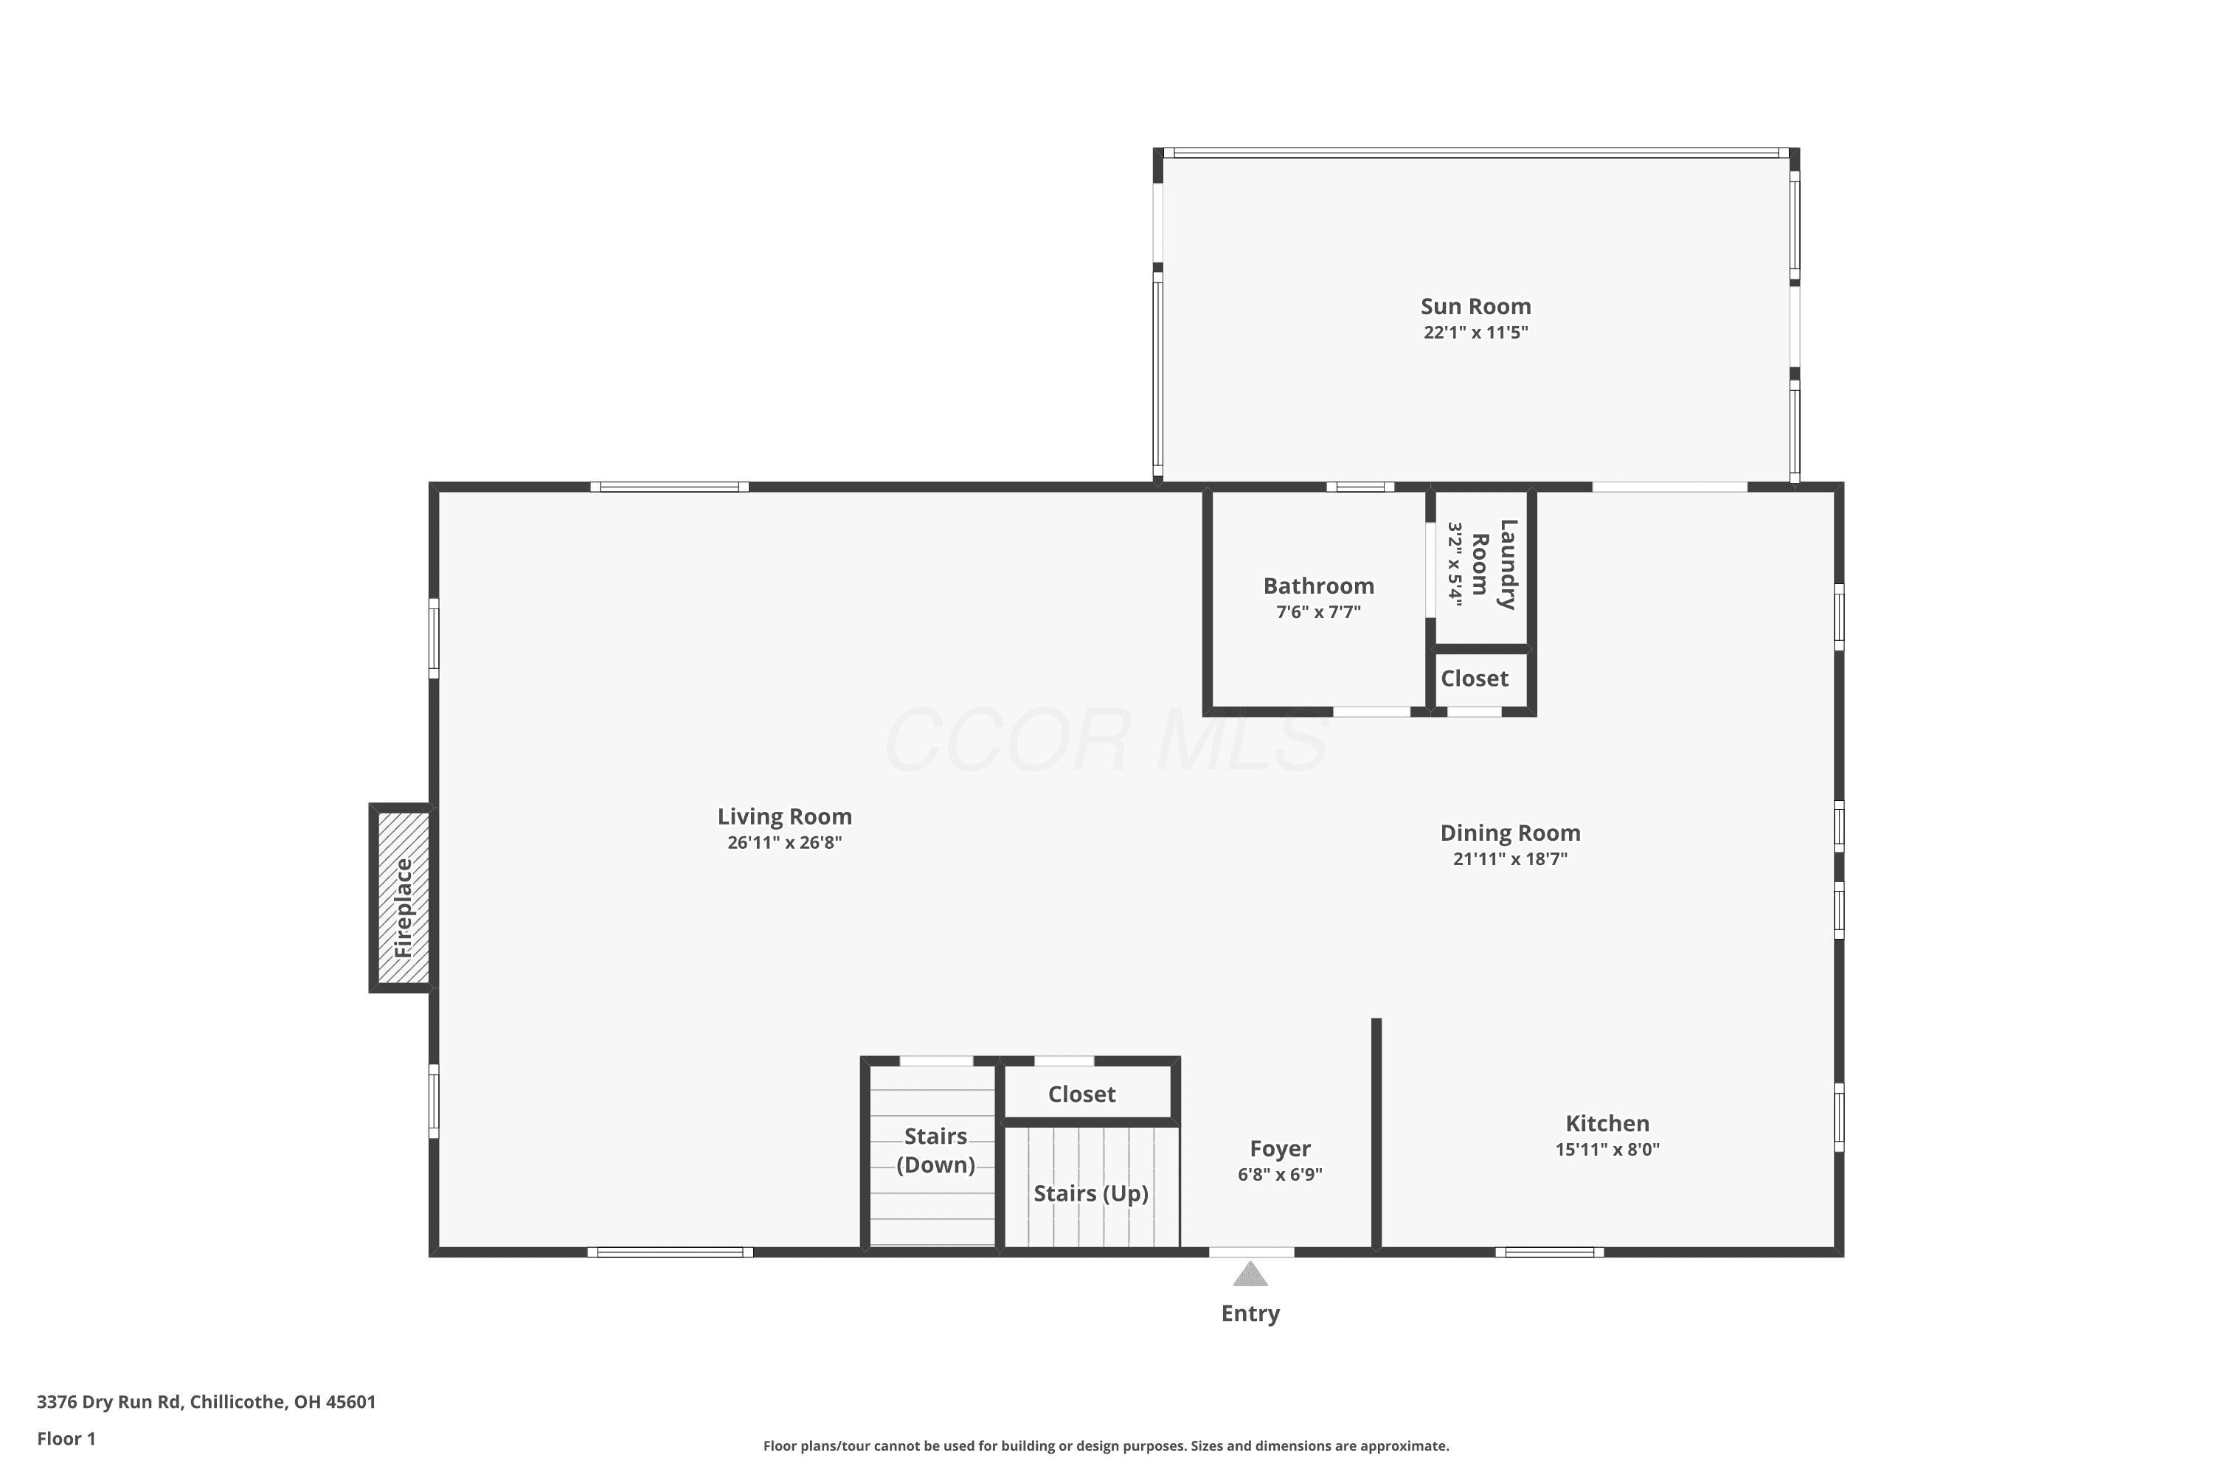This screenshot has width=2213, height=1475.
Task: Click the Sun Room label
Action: [x=1475, y=307]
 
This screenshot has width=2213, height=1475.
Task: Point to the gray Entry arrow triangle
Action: [x=1250, y=1274]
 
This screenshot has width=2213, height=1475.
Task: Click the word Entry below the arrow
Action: [x=1250, y=1313]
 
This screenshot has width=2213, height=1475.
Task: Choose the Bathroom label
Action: [x=1318, y=586]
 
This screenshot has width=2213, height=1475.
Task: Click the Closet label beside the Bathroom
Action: [x=1475, y=678]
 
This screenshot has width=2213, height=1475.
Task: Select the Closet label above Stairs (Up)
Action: [x=1082, y=1094]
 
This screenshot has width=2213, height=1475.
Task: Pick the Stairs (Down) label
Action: [x=935, y=1150]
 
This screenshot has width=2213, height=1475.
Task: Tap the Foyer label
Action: [x=1280, y=1148]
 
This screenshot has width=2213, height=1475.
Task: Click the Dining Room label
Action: [x=1510, y=833]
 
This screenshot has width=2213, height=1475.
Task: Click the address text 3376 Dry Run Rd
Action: [x=108, y=1402]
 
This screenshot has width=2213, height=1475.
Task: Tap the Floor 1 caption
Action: [x=66, y=1438]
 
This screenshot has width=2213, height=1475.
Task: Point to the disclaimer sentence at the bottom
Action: [x=1106, y=1445]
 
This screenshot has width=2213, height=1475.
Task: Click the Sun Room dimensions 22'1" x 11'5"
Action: [x=1475, y=332]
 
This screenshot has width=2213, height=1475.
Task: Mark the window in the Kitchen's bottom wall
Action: [x=1550, y=1252]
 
